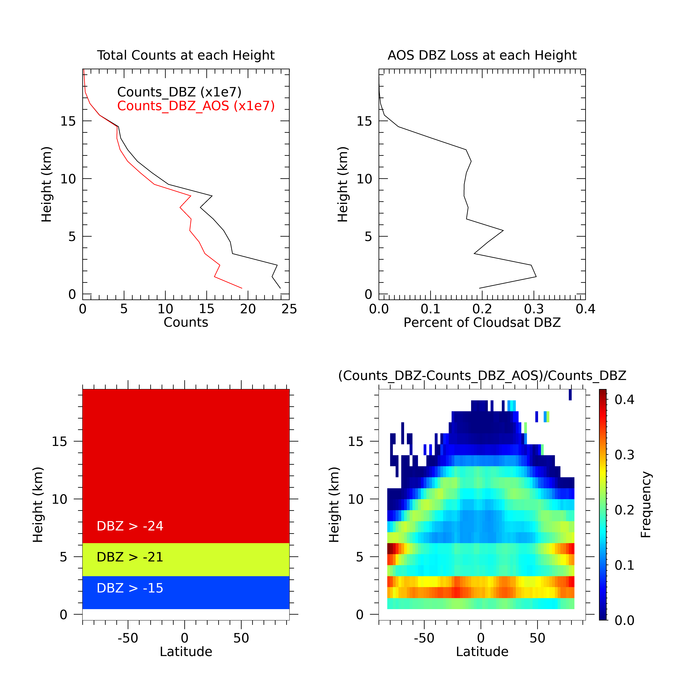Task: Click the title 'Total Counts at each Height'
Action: pyautogui.click(x=186, y=55)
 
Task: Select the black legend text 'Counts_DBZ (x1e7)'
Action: pyautogui.click(x=179, y=92)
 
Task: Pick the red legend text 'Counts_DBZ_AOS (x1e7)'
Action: pyautogui.click(x=196, y=106)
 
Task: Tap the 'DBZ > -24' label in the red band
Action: pyautogui.click(x=130, y=526)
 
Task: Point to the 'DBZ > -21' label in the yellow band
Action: pyautogui.click(x=130, y=557)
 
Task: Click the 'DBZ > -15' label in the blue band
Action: pyautogui.click(x=130, y=588)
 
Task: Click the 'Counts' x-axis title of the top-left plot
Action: pyautogui.click(x=186, y=322)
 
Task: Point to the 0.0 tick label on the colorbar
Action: pyautogui.click(x=624, y=620)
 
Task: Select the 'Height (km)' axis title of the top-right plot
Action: pyautogui.click(x=343, y=184)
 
